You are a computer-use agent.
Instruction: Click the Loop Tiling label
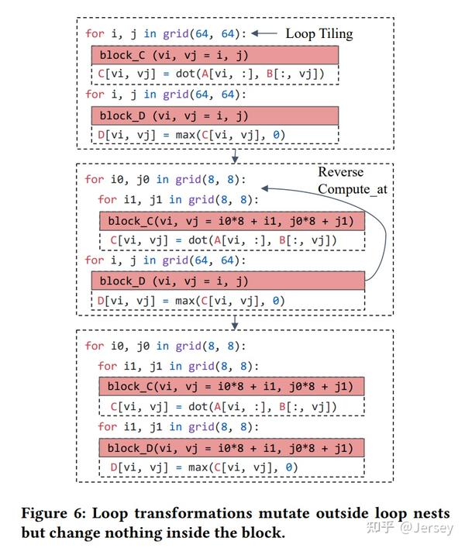click(319, 33)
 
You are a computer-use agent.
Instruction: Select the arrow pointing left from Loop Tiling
click(265, 33)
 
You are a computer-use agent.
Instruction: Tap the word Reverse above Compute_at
click(340, 172)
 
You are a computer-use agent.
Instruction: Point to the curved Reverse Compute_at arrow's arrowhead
click(265, 187)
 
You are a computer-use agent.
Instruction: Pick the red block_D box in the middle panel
click(228, 281)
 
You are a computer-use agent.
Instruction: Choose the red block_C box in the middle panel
click(232, 221)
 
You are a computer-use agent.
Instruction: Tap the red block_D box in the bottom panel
click(232, 448)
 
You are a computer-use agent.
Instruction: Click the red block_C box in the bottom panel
click(232, 387)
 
